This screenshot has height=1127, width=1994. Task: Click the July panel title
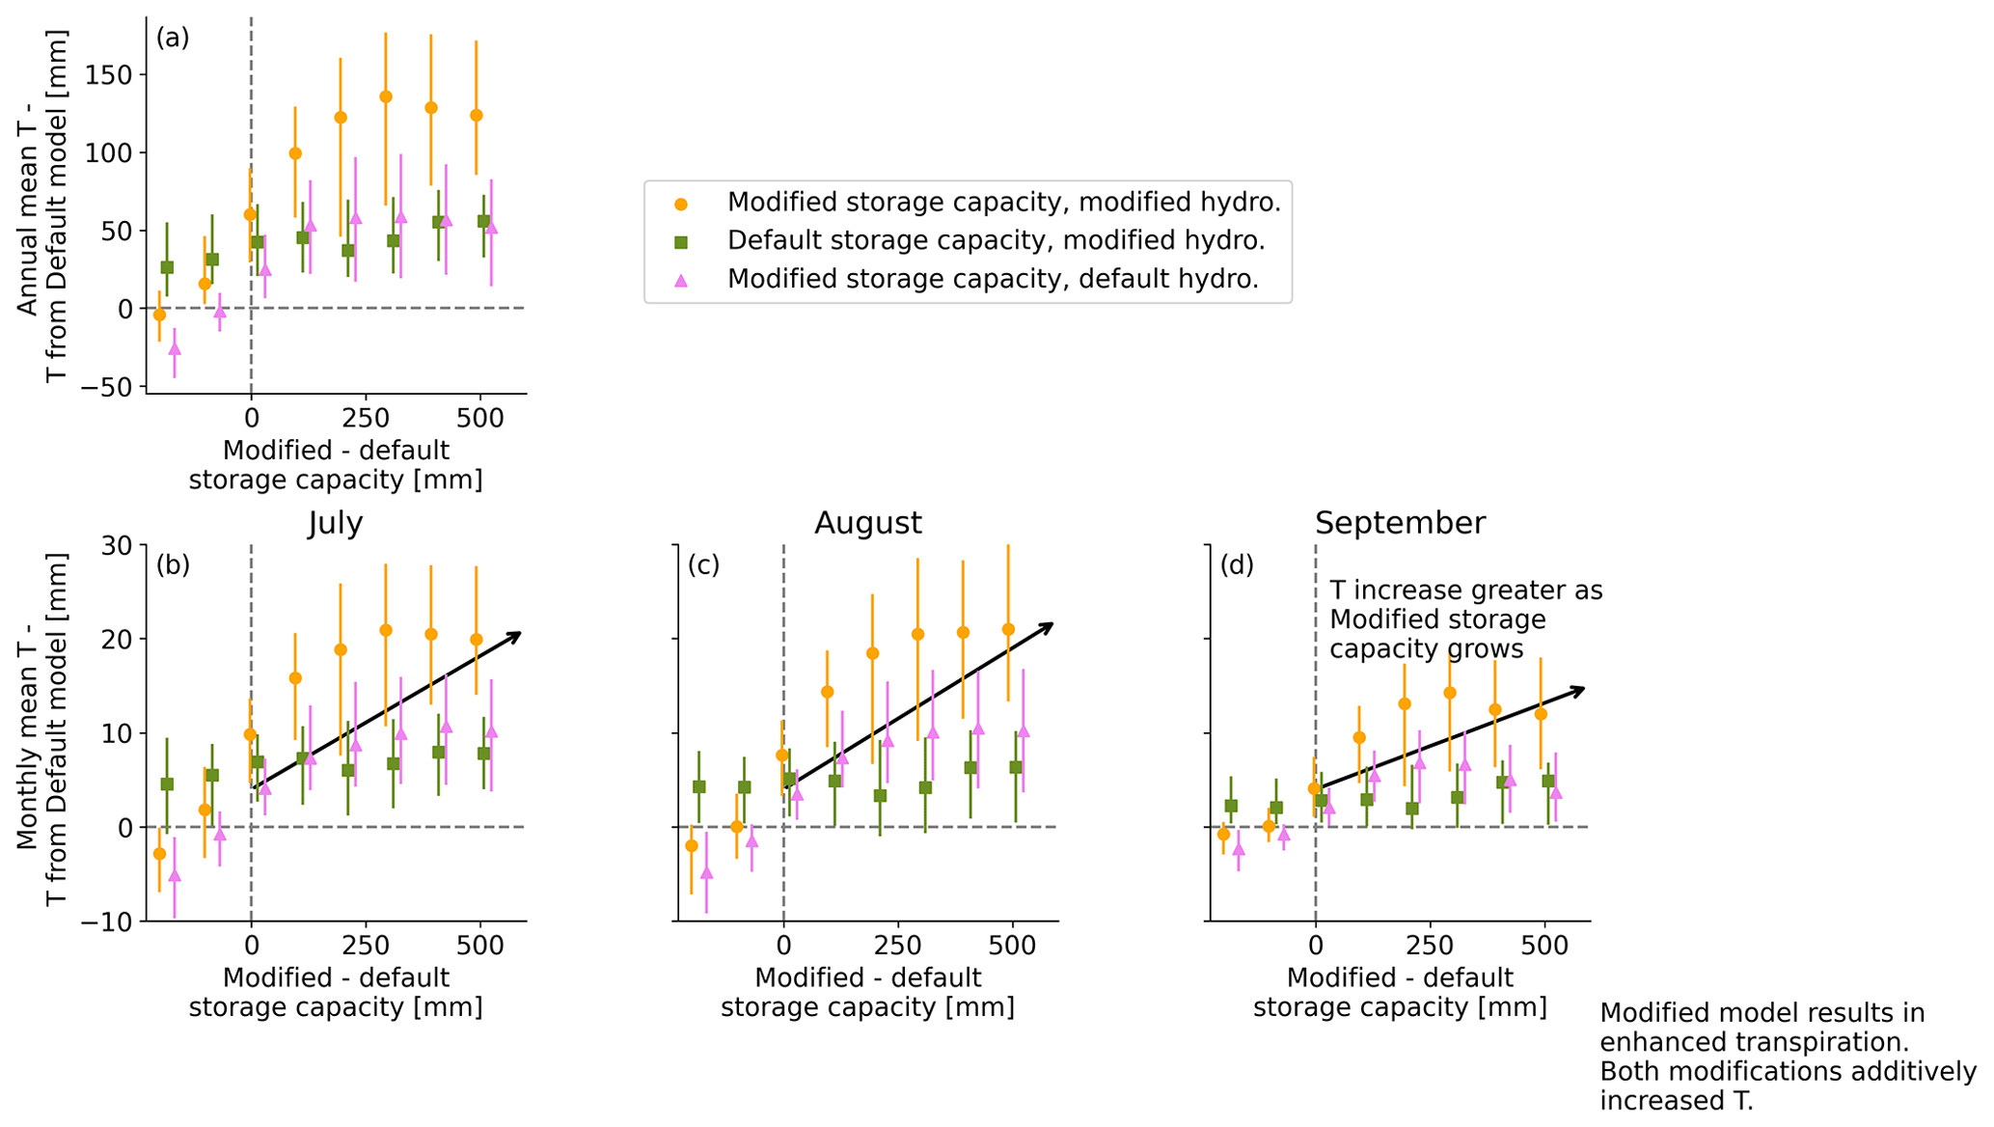coord(336,523)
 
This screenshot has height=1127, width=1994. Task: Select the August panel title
coord(867,523)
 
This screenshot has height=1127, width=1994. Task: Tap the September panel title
coord(1399,523)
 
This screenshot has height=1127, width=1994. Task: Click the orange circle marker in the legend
coord(681,204)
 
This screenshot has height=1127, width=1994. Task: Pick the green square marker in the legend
coord(681,241)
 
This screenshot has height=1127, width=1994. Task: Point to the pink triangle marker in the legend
coord(681,280)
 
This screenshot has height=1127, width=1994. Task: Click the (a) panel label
coord(173,39)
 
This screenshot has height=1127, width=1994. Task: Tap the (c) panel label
coord(704,565)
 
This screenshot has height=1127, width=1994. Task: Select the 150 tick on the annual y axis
coord(109,75)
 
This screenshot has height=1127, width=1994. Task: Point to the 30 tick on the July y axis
coord(117,546)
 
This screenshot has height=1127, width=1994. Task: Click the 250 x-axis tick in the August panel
coord(898,946)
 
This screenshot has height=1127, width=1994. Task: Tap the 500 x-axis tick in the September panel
coord(1543,946)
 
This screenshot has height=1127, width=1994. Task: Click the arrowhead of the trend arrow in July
coord(517,635)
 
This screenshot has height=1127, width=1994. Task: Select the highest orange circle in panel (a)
coord(386,96)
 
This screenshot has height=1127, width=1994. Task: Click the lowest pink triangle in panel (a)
coord(175,348)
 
